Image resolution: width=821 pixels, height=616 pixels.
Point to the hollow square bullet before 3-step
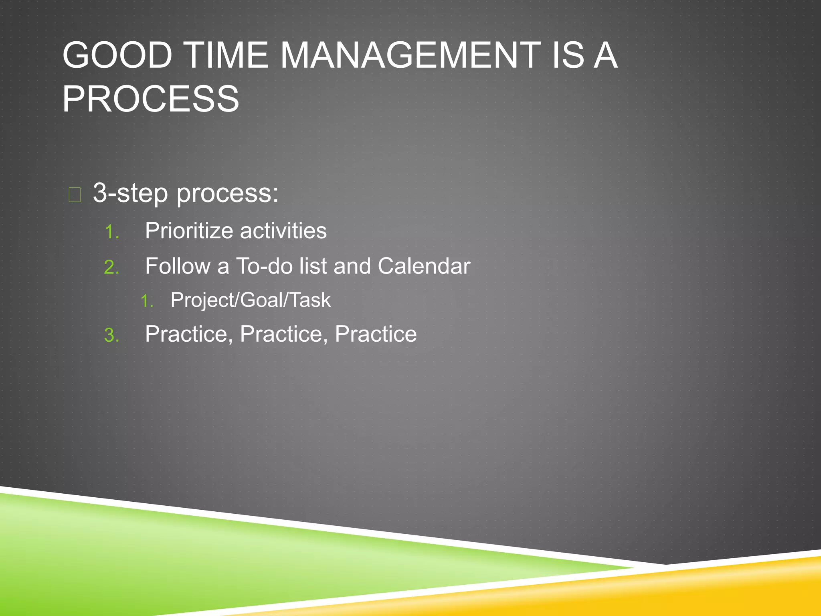pyautogui.click(x=75, y=195)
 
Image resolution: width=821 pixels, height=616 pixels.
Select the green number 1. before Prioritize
pyautogui.click(x=112, y=232)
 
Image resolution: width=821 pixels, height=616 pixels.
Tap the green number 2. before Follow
pyautogui.click(x=112, y=267)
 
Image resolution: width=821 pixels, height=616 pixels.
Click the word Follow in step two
pyautogui.click(x=178, y=266)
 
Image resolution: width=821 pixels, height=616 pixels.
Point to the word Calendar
pyautogui.click(x=424, y=266)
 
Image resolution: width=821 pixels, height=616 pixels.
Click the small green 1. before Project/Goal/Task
pyautogui.click(x=147, y=301)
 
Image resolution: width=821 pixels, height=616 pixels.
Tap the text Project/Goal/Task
pyautogui.click(x=251, y=300)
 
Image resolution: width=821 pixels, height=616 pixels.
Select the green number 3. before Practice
pyautogui.click(x=112, y=335)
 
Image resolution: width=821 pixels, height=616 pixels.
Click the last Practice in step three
pyautogui.click(x=376, y=334)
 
